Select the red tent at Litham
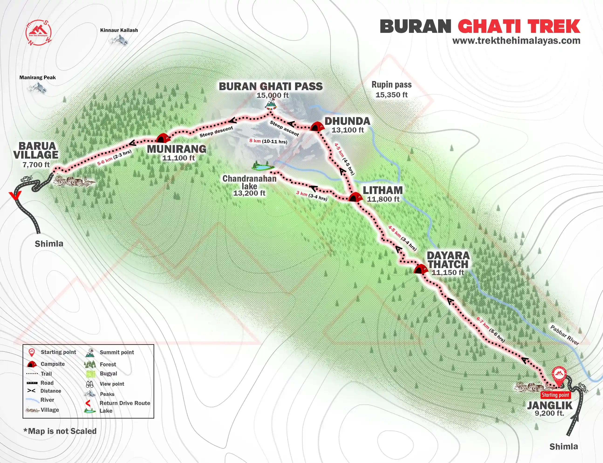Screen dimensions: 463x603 pos(355,197)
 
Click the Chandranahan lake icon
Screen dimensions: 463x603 pos(263,167)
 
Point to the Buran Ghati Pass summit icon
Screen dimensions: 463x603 pos(271,104)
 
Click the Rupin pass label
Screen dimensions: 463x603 pos(391,85)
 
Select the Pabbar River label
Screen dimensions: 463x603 pos(564,335)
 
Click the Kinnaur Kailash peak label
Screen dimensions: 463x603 pos(119,30)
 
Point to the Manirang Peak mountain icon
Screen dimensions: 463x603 pos(37,88)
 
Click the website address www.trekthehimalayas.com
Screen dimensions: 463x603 pos(516,41)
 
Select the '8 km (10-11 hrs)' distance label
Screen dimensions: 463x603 pos(268,141)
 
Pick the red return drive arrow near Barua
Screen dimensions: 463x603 pos(15,195)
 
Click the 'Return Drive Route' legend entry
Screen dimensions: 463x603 pos(125,403)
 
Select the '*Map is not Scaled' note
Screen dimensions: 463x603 pos(60,431)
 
